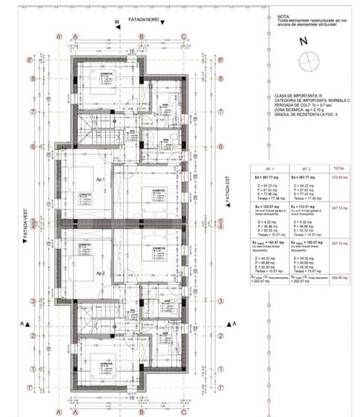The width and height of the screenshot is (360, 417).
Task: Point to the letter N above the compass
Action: point(302,42)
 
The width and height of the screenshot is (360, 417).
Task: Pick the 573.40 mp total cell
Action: point(342,179)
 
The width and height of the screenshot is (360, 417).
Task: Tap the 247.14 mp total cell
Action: point(342,209)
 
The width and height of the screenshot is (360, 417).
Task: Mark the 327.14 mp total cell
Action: point(342,242)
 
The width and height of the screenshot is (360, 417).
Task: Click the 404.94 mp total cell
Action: point(342,278)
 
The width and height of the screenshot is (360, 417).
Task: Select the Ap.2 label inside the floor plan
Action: point(99,273)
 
